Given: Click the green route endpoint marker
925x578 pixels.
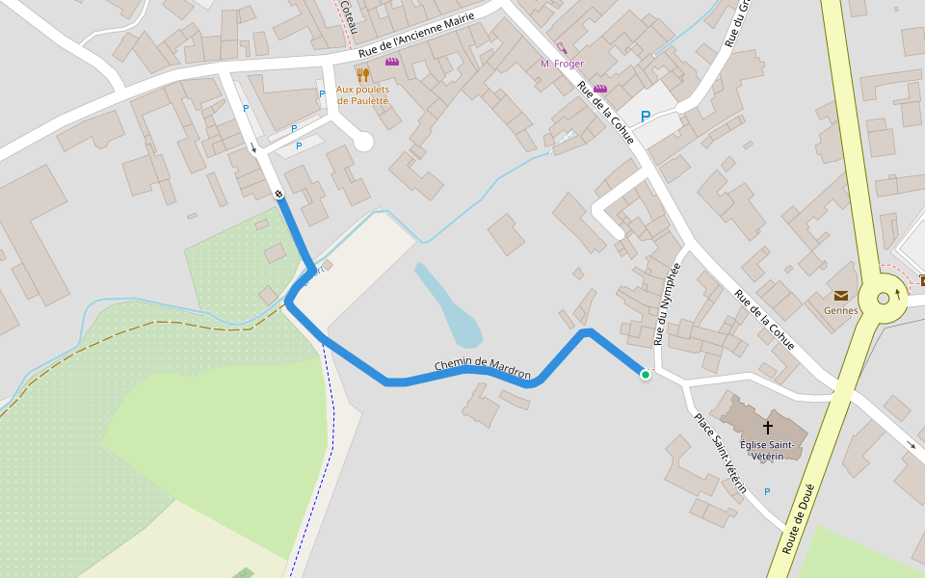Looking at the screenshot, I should coord(645,375).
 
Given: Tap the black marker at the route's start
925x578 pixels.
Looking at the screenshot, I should coord(278,195).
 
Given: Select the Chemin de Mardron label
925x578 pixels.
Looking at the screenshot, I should coord(483,367).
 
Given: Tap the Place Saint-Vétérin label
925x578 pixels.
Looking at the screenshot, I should coord(721,454).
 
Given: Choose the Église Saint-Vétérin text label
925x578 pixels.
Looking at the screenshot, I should coord(768,450).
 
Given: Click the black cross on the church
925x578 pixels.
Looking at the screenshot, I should coord(768,426).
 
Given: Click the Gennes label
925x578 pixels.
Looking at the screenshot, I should coord(840,311).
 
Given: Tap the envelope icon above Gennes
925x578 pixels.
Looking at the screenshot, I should coord(840,296).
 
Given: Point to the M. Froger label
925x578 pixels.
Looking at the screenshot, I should coord(562,64).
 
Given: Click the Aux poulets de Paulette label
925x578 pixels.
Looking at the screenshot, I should coord(362,94).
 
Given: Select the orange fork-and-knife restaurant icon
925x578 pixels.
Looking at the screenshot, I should coord(362,74).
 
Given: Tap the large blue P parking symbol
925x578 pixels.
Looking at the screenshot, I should coord(646,117).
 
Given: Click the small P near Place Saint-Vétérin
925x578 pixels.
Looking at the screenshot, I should coord(767,492).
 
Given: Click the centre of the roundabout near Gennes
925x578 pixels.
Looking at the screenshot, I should coord(883,299).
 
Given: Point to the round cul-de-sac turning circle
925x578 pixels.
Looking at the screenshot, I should coord(362,142).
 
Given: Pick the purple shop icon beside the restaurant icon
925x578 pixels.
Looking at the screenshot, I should coord(391,62).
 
